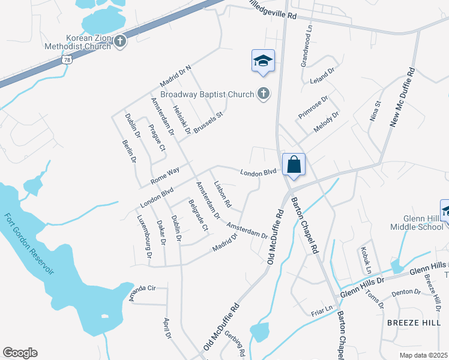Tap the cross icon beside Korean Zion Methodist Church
pyautogui.click(x=120, y=41)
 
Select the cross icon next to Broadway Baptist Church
pyautogui.click(x=263, y=93)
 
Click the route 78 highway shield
pyautogui.click(x=67, y=60)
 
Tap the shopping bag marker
pyautogui.click(x=294, y=164)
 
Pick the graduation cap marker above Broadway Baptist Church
pyautogui.click(x=263, y=61)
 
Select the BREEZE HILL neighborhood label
pyautogui.click(x=414, y=322)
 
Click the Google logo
pyautogui.click(x=20, y=353)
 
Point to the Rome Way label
pyautogui.click(x=165, y=175)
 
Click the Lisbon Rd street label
pyautogui.click(x=222, y=195)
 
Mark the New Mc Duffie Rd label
pyautogui.click(x=403, y=96)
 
